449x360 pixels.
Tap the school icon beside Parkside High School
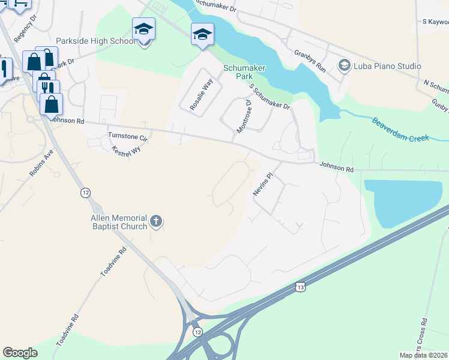(x=143, y=29)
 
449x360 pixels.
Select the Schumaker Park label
(x=244, y=73)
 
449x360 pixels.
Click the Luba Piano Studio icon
(x=345, y=65)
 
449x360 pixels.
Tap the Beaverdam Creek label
(x=400, y=130)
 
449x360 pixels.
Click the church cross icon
(x=155, y=222)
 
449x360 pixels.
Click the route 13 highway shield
(x=300, y=288)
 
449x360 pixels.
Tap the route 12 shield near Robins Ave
(x=86, y=193)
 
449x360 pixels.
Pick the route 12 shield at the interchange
(x=196, y=332)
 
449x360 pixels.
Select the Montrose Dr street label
(x=244, y=117)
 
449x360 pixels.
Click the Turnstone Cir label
(x=127, y=136)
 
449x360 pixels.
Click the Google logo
(x=20, y=353)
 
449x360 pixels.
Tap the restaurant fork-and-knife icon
(x=45, y=87)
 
